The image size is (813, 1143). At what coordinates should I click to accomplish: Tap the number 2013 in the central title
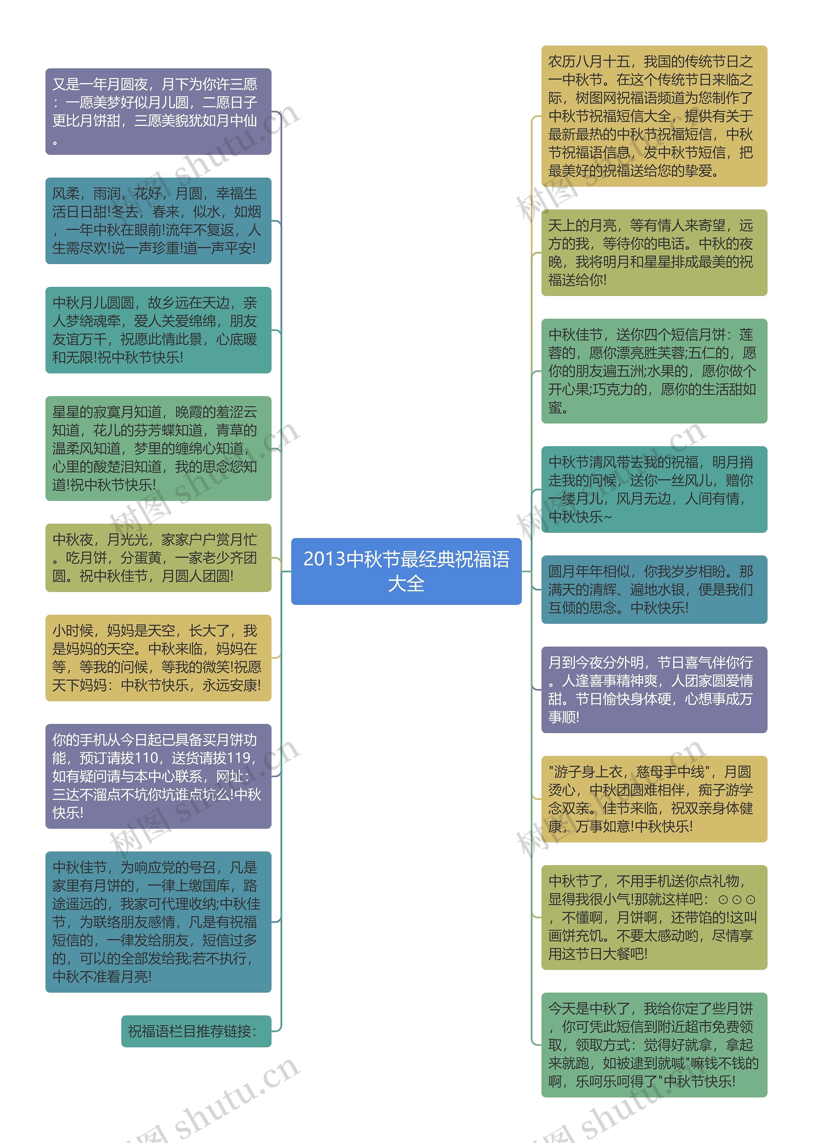(x=324, y=559)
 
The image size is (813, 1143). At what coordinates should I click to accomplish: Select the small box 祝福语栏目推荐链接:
(x=196, y=1031)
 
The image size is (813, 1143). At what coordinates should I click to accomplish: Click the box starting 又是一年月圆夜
(x=158, y=111)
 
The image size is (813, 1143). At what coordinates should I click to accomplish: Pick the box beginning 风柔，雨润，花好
(x=158, y=221)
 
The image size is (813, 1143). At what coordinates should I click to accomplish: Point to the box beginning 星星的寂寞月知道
(x=158, y=448)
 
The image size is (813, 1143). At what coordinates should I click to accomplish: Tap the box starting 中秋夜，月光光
(x=158, y=557)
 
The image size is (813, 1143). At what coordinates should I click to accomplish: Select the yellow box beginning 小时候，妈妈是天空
(x=158, y=658)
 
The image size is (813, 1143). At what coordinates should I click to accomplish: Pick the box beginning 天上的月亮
(x=654, y=252)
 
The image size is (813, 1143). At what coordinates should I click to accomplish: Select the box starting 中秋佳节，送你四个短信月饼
(x=654, y=371)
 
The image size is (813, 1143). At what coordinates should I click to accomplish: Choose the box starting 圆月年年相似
(x=654, y=589)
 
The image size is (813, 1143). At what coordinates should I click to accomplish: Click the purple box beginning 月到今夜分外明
(x=654, y=690)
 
